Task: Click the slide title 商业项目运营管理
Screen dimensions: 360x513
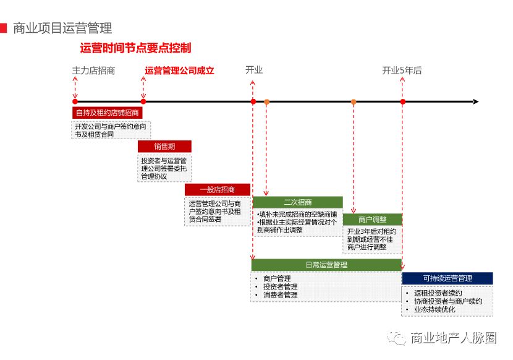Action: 62,28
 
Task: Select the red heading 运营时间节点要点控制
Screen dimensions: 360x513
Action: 135,48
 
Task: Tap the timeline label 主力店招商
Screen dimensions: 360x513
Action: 93,71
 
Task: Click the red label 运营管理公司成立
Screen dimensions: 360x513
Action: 179,71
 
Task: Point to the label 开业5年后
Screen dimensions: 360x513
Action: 402,71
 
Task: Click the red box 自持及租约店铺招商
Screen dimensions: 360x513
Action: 108,113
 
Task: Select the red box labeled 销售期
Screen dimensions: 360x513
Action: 164,147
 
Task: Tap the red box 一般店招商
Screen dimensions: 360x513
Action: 218,190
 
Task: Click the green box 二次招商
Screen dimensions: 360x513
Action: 297,202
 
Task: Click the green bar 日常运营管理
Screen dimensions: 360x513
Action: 326,265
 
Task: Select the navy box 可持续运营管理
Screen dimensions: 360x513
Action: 447,279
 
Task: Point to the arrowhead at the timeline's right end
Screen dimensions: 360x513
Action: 475,101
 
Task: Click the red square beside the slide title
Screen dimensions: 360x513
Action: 4,28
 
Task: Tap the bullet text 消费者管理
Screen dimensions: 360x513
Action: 280,295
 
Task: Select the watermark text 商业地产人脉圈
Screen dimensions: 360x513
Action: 454,338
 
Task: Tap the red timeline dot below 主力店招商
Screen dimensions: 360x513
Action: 75,101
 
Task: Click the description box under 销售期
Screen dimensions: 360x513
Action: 164,168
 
